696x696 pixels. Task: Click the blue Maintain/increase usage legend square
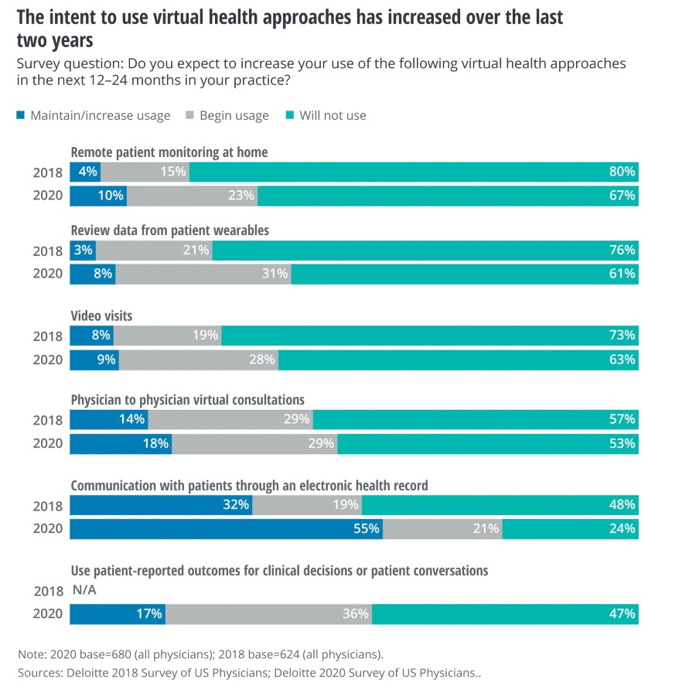pyautogui.click(x=20, y=116)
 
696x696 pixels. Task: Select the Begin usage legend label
pyautogui.click(x=234, y=116)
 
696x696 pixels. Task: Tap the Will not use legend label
pyautogui.click(x=333, y=116)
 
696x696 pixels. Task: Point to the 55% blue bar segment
pyautogui.click(x=226, y=529)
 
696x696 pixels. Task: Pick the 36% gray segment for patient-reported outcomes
pyautogui.click(x=268, y=614)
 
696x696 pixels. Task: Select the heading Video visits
pyautogui.click(x=101, y=316)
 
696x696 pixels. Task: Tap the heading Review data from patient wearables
pyautogui.click(x=169, y=230)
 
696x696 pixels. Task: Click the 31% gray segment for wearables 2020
pyautogui.click(x=203, y=273)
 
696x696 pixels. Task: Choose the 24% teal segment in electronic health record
pyautogui.click(x=570, y=529)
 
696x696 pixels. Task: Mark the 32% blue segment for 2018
pyautogui.click(x=161, y=505)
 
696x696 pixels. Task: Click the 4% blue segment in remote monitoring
pyautogui.click(x=85, y=172)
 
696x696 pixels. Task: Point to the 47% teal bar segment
pyautogui.click(x=505, y=614)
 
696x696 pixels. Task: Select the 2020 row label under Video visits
pyautogui.click(x=47, y=359)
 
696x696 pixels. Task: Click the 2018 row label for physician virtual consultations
pyautogui.click(x=47, y=420)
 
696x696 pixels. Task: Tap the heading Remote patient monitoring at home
pyautogui.click(x=169, y=152)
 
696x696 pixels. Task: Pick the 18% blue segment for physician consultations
pyautogui.click(x=121, y=444)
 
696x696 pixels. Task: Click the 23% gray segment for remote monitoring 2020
pyautogui.click(x=193, y=196)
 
